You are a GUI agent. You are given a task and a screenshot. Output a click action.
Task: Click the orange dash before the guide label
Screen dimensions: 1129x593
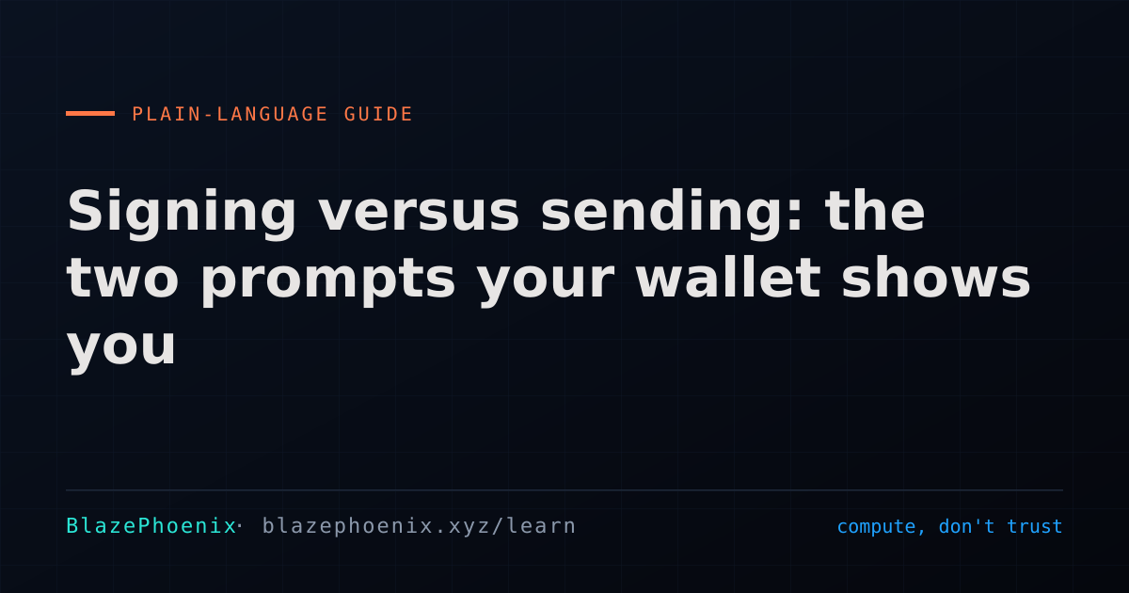coord(90,114)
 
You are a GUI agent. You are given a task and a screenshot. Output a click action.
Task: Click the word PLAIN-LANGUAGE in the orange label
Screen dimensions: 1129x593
coord(230,114)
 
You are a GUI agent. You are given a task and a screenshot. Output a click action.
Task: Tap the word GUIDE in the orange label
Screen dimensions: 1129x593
coord(378,114)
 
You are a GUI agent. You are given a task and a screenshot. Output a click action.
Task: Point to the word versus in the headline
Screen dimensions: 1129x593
coord(419,212)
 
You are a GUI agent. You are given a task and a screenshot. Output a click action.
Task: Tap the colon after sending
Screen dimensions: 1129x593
coord(795,216)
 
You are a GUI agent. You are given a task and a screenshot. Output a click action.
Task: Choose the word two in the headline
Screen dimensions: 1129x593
coord(122,279)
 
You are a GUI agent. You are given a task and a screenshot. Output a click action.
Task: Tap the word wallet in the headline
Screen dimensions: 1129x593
coord(729,277)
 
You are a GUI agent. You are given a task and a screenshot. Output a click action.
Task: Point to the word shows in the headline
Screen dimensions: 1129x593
coord(936,277)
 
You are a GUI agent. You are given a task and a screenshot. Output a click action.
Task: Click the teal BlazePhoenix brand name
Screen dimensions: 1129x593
coord(151,526)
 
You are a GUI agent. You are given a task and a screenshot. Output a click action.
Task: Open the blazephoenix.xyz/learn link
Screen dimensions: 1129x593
coord(419,526)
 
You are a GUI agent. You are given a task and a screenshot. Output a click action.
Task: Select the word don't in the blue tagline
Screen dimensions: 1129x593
coord(967,526)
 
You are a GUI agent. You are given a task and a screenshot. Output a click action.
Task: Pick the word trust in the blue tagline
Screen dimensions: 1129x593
coord(1035,526)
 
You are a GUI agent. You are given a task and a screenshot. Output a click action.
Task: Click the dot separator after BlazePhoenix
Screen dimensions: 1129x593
coord(239,525)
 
